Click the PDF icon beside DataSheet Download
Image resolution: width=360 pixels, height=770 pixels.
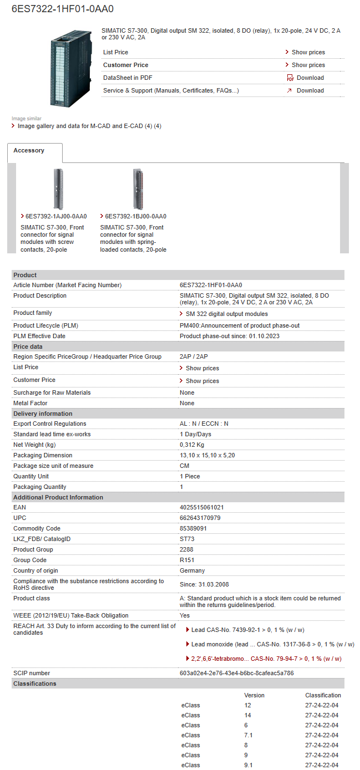click(290, 78)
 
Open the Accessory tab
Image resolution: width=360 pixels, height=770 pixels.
click(29, 151)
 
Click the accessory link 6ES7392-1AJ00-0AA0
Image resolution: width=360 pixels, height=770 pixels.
click(56, 216)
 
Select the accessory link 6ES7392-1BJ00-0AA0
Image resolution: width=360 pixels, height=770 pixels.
click(135, 216)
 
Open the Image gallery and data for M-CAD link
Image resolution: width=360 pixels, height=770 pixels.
click(89, 126)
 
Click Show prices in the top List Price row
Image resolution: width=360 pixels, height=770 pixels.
click(308, 52)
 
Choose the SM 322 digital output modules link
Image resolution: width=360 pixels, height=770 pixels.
click(226, 314)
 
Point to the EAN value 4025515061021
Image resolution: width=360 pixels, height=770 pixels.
click(202, 507)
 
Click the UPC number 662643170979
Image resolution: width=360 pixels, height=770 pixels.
click(200, 518)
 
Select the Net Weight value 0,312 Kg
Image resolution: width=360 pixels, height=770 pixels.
click(192, 445)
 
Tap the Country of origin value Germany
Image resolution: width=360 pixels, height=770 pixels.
click(192, 570)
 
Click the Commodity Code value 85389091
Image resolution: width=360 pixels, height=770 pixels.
click(193, 528)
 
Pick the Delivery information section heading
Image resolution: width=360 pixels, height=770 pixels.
click(43, 414)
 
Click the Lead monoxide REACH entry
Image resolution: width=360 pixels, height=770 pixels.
click(272, 644)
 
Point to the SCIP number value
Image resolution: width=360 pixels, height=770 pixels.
click(236, 673)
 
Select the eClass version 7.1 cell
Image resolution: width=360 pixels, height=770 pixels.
click(249, 735)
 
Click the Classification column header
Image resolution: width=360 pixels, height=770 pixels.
click(323, 695)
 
